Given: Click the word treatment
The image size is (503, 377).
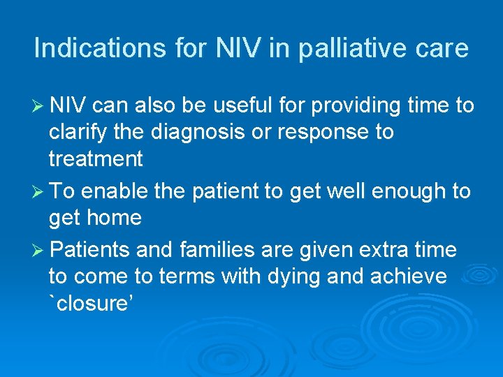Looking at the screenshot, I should pos(96,159).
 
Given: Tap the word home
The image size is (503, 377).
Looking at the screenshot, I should pos(116,218).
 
